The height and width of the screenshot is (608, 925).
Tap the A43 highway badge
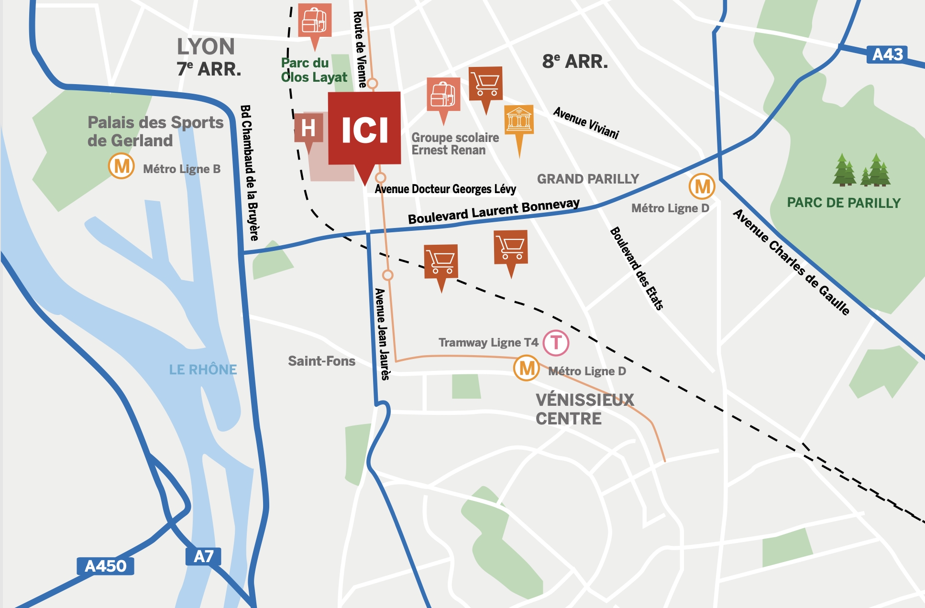[x=887, y=54]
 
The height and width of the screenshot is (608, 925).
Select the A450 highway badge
[x=105, y=566]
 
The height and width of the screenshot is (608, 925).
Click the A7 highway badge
[x=203, y=556]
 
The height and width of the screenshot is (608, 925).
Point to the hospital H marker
[x=308, y=128]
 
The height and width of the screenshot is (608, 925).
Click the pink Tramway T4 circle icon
[x=556, y=343]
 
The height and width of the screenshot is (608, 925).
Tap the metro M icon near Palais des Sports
[x=121, y=166]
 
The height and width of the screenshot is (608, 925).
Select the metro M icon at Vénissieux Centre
[x=527, y=368]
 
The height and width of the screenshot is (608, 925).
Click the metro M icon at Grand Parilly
[x=702, y=186]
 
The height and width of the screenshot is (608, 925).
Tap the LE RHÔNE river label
[x=203, y=369]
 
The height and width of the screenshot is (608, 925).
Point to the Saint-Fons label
[x=321, y=361]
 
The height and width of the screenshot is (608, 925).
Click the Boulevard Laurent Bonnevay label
[x=493, y=211]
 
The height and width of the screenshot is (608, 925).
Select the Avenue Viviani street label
[x=586, y=123]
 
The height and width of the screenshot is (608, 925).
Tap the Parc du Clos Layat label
[x=314, y=70]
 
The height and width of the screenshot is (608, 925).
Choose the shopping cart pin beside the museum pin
[x=485, y=84]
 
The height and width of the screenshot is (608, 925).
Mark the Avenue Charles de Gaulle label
[x=791, y=262]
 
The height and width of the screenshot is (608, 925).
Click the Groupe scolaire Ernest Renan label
[x=455, y=143]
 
